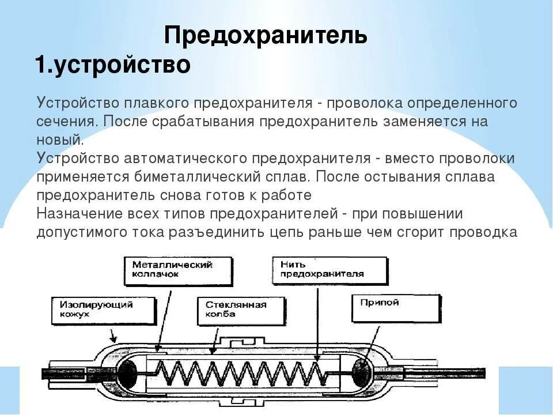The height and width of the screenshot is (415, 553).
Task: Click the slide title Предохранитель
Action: pos(266,36)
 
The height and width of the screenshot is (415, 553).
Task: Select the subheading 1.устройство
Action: pos(112,65)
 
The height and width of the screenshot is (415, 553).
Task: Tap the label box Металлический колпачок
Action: pos(178,269)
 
